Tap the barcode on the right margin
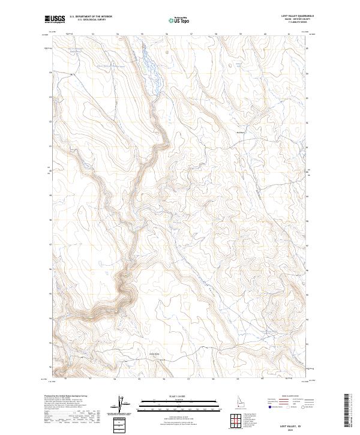click(346, 410)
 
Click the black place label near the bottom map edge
click(154, 354)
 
